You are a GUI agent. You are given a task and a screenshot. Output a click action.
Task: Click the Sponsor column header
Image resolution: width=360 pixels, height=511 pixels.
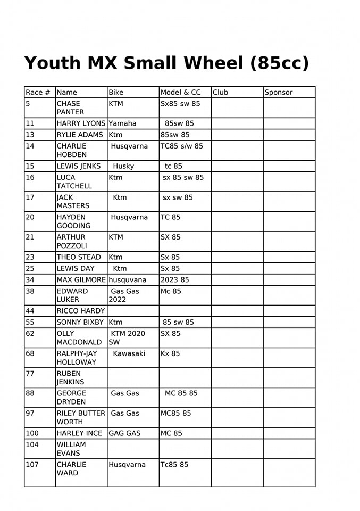[279, 93]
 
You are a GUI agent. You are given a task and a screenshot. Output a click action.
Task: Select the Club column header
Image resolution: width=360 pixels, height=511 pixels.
[220, 93]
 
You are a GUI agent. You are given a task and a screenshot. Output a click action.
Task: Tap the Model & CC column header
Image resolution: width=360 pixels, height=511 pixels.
[181, 93]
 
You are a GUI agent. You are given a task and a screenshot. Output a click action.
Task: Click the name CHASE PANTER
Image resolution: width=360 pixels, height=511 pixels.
[70, 108]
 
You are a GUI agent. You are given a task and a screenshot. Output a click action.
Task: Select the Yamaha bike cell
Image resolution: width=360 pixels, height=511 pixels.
[122, 123]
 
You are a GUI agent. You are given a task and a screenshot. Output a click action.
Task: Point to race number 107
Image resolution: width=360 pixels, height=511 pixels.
[32, 465]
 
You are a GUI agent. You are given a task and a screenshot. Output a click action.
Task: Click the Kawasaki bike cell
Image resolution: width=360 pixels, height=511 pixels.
[129, 353]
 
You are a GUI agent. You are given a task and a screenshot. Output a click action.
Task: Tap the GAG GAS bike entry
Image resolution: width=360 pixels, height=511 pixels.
[124, 433]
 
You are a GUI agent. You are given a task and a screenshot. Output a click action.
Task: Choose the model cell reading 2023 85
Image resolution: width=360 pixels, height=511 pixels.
[174, 279]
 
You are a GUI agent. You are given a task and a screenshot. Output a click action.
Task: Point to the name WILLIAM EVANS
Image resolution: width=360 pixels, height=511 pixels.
[71, 449]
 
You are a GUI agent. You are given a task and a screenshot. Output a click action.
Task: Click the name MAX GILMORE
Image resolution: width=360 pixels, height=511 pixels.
[81, 279]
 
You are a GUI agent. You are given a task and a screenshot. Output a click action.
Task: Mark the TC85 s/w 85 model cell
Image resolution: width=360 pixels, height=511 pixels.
[182, 146]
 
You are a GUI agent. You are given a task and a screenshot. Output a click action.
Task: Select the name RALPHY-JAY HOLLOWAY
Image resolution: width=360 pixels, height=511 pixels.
[77, 358]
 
